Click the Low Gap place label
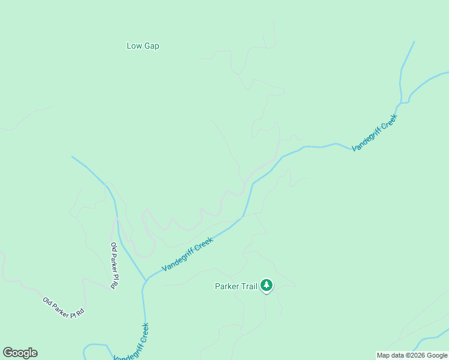tap(143, 46)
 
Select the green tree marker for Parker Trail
tap(267, 286)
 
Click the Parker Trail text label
tap(236, 286)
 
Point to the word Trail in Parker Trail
tap(249, 286)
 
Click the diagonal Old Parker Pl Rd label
tap(63, 307)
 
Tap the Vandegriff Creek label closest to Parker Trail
tap(188, 254)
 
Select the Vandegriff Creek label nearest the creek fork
tap(375, 132)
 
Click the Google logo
tap(20, 353)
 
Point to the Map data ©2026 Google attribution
tap(412, 355)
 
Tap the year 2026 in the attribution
tap(416, 355)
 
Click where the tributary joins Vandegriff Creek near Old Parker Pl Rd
tap(146, 280)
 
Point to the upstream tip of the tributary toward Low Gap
tap(72, 157)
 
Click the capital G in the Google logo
tap(8, 353)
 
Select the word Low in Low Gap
tap(133, 46)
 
